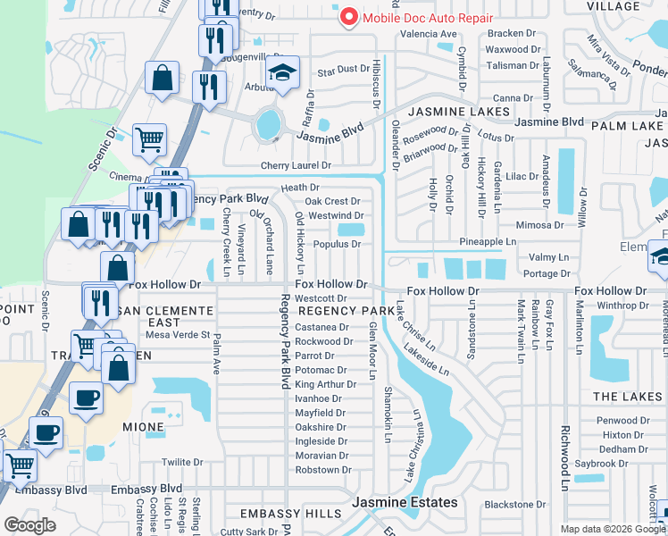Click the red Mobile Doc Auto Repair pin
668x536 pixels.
pos(347,17)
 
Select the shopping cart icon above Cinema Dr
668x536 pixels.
pos(149,138)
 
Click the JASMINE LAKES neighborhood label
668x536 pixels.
pos(459,112)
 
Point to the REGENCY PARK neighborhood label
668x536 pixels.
pos(347,311)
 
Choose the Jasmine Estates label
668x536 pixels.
pos(405,503)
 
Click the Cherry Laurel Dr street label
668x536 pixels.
pos(296,166)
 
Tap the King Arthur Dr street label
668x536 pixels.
pos(325,384)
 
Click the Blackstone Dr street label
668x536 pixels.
pos(515,505)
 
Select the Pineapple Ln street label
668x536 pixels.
pos(488,242)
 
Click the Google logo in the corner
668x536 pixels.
pos(29,525)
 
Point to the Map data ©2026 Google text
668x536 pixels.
pos(613,529)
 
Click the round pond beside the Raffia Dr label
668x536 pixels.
pos(267,126)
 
